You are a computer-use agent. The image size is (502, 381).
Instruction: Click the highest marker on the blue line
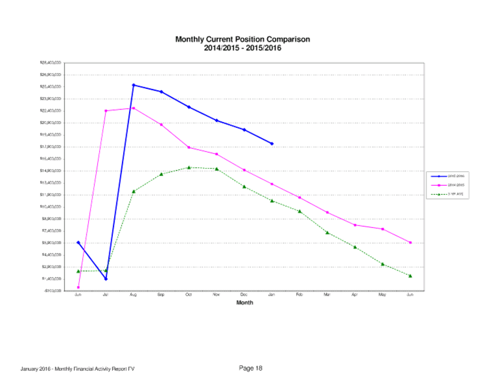tap(133, 85)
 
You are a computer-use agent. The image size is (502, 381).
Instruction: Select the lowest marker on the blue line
tap(106, 279)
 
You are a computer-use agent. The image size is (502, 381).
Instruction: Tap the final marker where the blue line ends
tap(272, 144)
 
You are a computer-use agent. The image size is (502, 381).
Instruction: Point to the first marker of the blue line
tap(78, 242)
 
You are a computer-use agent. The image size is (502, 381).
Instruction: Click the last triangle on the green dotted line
tap(410, 276)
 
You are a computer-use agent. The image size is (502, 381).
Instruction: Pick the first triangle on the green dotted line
tap(78, 271)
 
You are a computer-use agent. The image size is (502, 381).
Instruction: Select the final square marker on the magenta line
tap(410, 242)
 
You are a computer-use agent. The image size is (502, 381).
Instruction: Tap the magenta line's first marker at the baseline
tap(78, 290)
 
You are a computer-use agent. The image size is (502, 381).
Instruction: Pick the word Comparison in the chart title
tap(291, 40)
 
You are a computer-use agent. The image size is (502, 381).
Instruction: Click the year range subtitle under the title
tap(243, 48)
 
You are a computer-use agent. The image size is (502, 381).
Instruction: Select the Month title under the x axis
tap(244, 302)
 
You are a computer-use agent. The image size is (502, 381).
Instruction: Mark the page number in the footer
tap(251, 368)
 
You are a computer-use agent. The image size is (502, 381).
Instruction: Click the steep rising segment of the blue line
tap(119, 182)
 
